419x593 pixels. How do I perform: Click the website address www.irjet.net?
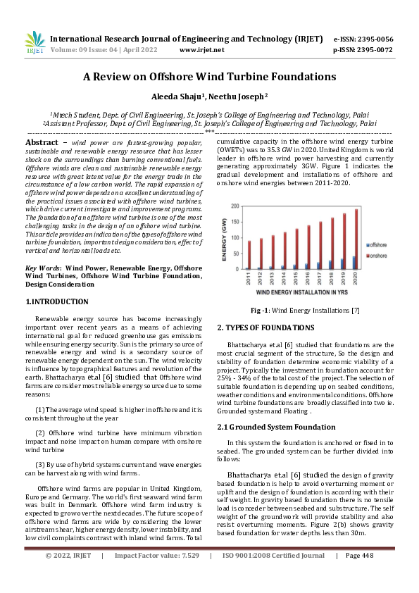(202, 50)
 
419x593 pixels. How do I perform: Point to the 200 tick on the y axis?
(236, 206)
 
